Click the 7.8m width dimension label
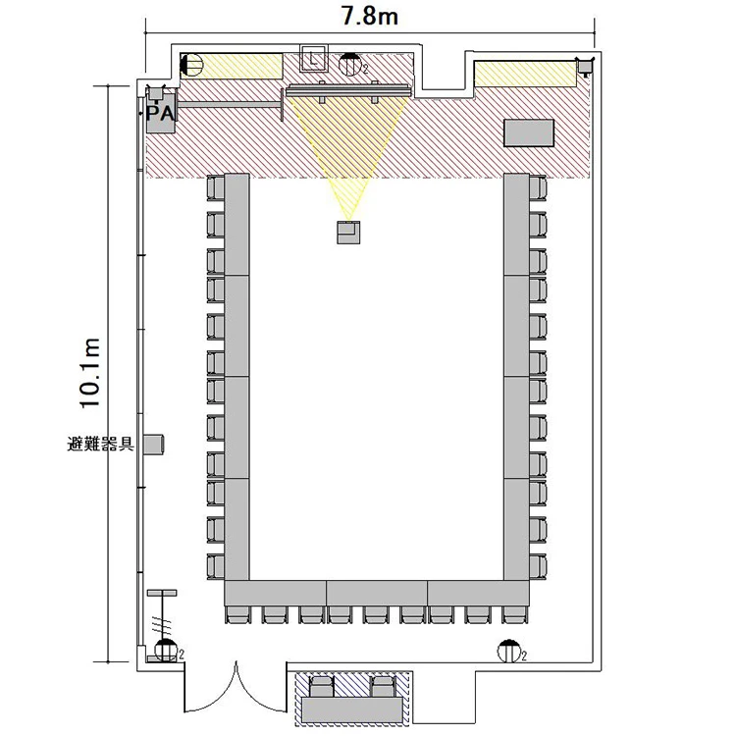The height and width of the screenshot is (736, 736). pos(369,16)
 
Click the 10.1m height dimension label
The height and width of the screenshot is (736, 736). pos(89,373)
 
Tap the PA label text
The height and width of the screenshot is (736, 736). pos(160,114)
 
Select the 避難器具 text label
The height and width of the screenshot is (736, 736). pos(101,444)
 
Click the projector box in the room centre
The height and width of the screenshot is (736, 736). pos(348,232)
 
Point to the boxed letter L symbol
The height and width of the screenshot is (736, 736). pos(313,59)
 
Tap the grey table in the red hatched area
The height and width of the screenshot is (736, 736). pos(529,133)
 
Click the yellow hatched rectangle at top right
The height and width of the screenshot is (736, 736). pos(525,74)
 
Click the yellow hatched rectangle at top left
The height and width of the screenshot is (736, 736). pos(232,66)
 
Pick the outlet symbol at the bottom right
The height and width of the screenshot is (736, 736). pos(509,652)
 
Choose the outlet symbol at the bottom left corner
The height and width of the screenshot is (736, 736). pos(165,650)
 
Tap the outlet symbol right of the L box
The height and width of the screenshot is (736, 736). pos(350,65)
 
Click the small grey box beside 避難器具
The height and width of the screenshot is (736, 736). pos(153,444)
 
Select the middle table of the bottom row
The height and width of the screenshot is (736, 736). pos(377,593)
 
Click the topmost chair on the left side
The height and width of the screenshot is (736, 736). pos(216,187)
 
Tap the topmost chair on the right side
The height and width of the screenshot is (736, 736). pos(538,187)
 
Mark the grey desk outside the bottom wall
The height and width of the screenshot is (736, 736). pos(352,710)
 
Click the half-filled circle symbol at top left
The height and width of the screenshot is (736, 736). pos(190,65)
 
